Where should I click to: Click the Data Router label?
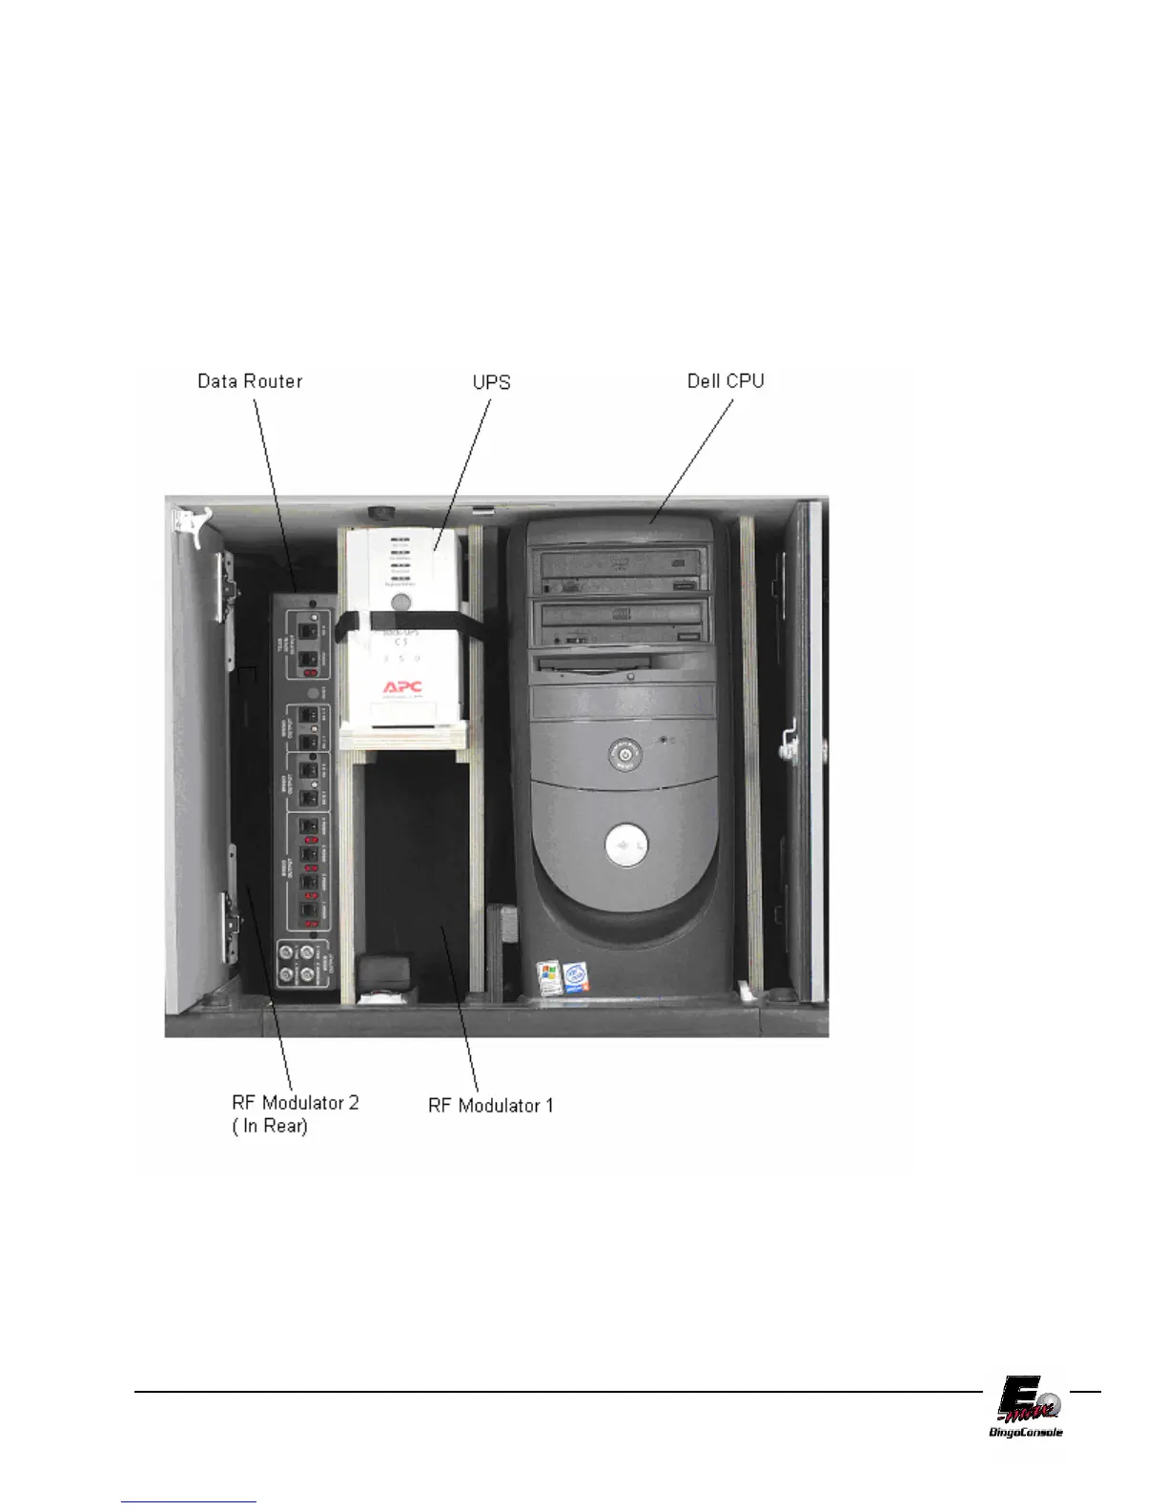point(250,381)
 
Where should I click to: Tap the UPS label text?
point(492,382)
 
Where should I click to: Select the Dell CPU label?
point(726,381)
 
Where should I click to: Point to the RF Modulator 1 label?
point(491,1106)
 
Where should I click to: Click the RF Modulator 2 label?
point(296,1103)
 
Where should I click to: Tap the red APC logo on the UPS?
point(402,686)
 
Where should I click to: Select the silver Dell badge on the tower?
point(625,846)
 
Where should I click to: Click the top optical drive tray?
point(624,561)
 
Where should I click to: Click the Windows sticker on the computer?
point(547,979)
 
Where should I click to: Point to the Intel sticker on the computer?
point(574,977)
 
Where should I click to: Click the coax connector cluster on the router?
point(296,963)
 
